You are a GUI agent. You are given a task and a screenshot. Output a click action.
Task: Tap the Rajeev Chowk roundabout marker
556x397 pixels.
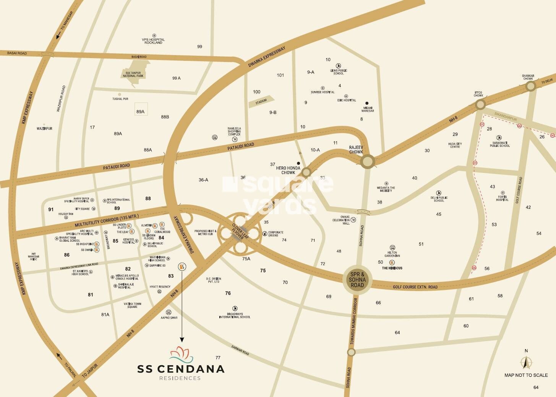368,161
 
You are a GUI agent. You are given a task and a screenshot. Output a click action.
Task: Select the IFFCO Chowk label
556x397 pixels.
478,94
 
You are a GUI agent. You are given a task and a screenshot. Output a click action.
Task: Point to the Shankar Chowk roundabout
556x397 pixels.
531,86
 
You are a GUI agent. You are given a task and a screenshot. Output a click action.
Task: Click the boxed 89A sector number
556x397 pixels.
141,112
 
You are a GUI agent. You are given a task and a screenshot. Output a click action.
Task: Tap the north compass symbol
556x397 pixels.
526,362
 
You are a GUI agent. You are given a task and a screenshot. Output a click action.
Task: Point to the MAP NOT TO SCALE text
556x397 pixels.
526,375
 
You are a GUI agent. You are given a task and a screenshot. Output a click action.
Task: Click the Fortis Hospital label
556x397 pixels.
502,198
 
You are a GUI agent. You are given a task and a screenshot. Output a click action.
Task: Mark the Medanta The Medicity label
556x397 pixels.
386,189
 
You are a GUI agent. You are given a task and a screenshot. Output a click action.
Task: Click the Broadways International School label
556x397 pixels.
235,315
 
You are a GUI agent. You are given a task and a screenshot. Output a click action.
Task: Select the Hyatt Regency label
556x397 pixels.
160,287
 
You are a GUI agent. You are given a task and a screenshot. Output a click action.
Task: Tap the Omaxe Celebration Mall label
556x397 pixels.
342,220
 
